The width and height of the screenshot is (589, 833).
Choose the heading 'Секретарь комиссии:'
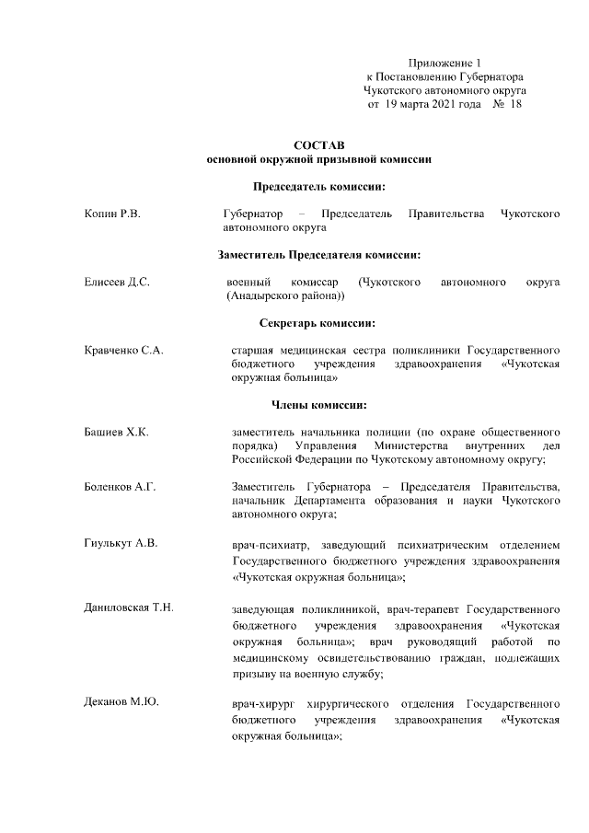[x=318, y=323]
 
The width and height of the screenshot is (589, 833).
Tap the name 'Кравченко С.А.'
[x=123, y=351]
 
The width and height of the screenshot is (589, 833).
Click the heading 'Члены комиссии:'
[x=318, y=404]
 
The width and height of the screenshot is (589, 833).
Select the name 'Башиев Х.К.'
[x=116, y=432]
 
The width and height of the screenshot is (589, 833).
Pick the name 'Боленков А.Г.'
[x=121, y=485]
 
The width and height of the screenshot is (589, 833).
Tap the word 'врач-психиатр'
[x=268, y=547]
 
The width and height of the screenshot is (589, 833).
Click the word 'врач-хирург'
[x=264, y=704]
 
